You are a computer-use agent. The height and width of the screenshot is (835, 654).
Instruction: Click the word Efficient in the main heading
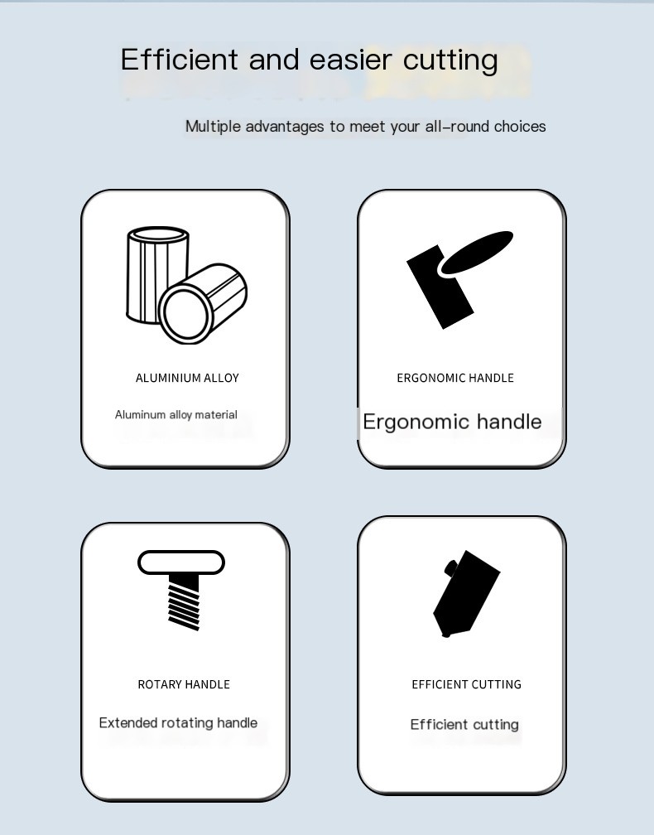click(180, 59)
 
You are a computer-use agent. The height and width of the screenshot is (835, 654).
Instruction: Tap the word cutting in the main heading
click(450, 60)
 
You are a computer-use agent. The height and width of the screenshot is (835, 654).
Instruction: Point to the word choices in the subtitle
click(520, 126)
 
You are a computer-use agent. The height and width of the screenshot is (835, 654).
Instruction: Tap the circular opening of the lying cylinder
click(184, 314)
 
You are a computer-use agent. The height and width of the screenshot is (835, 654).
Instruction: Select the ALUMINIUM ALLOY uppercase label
click(187, 378)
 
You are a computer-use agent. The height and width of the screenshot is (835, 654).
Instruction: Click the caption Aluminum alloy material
click(176, 415)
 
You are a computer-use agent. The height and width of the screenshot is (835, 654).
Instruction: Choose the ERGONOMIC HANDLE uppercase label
click(455, 378)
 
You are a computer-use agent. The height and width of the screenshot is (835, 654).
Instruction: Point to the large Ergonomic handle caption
click(452, 422)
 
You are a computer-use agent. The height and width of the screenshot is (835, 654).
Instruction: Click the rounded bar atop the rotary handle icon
click(181, 562)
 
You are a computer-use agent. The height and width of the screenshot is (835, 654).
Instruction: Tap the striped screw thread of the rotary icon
click(184, 602)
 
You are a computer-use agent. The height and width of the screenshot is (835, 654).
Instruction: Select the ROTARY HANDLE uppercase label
click(184, 684)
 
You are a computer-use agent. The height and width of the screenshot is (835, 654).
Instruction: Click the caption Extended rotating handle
click(178, 722)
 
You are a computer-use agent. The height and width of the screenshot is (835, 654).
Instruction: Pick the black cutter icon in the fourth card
click(466, 593)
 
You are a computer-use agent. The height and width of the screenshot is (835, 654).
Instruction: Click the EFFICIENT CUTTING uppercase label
click(467, 684)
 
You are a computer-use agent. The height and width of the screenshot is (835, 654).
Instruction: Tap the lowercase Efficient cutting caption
click(464, 724)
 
